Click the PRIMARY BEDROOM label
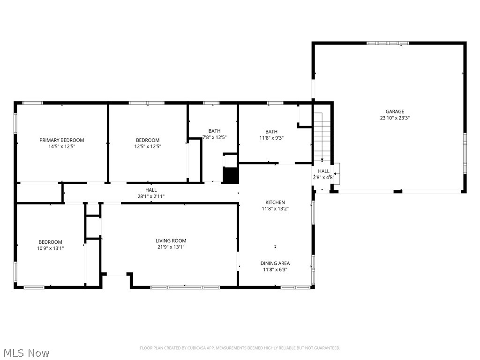61,140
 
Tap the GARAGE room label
395,112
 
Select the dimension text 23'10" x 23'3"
395,118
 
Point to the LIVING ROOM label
171,241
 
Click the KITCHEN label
275,202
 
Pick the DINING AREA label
275,263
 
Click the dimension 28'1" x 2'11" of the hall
150,196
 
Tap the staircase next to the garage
322,136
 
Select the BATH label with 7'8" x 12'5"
215,131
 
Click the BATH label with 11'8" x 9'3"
271,132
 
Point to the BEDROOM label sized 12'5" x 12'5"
148,140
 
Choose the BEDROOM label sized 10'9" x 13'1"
50,242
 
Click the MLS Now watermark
26,352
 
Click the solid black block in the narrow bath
230,175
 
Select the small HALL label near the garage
323,172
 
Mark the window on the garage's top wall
388,43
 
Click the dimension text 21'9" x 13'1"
171,247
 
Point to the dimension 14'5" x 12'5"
61,147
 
